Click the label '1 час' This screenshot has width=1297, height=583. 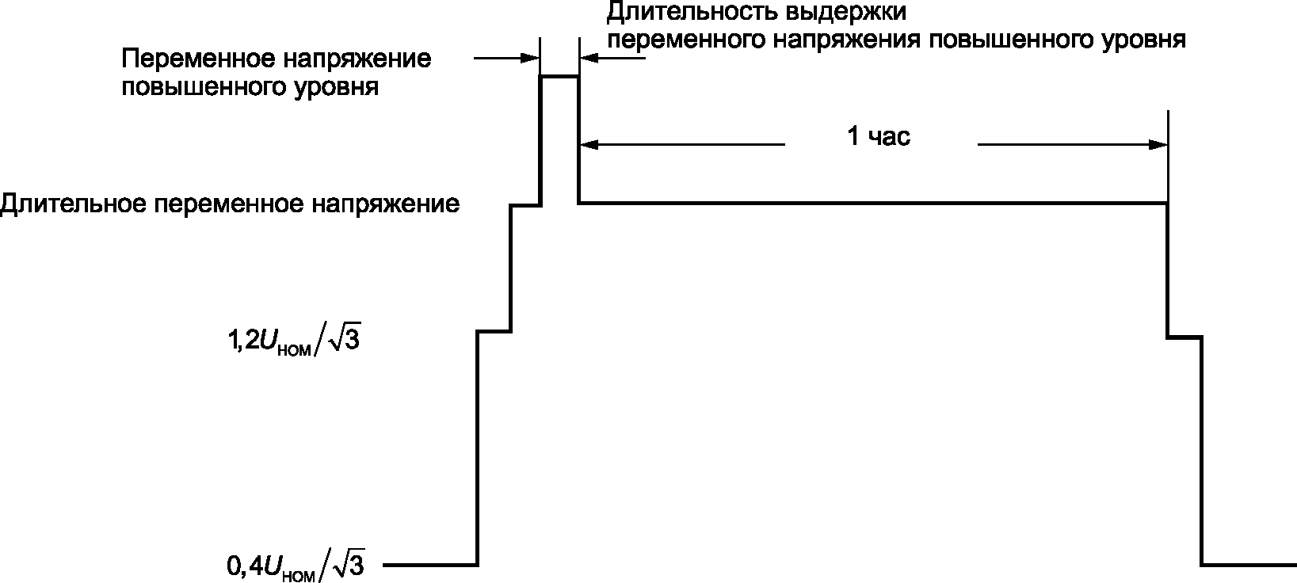point(879,137)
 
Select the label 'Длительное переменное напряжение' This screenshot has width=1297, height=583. point(230,204)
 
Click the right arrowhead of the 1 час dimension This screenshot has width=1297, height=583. point(1158,145)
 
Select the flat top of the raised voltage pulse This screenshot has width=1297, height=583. point(559,76)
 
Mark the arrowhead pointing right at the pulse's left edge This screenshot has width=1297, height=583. point(532,58)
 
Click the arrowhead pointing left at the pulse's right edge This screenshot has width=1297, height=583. point(588,58)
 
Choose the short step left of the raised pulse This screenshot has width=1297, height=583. point(525,205)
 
